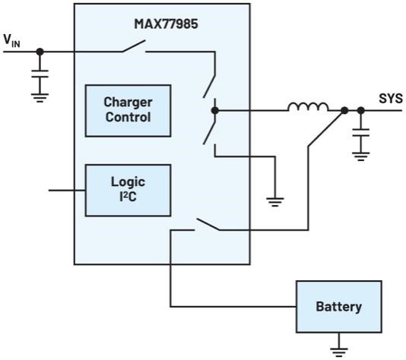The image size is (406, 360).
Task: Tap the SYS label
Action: (x=391, y=99)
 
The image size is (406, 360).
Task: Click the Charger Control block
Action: (x=128, y=110)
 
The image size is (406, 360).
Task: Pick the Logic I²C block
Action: (x=128, y=190)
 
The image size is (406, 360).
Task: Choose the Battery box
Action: (x=339, y=307)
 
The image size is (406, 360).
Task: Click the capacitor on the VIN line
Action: (x=39, y=78)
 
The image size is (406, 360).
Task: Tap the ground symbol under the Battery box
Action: (x=339, y=349)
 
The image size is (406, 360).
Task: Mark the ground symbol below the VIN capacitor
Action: (x=39, y=96)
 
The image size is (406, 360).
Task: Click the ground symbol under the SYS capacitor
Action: (x=360, y=156)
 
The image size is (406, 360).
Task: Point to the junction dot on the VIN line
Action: (x=39, y=52)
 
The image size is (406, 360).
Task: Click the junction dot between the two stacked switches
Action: (x=215, y=111)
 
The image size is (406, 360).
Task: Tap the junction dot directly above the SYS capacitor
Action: (x=360, y=111)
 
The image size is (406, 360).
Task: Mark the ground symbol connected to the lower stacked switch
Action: (x=273, y=201)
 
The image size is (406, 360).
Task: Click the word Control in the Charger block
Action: (x=128, y=118)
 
